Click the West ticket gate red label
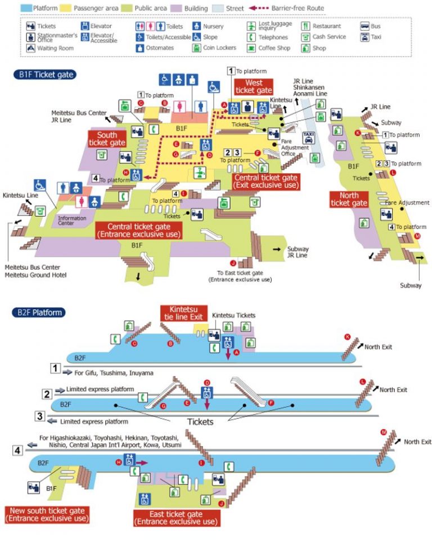coord(253,87)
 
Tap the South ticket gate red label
coord(107,139)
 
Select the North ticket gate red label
coord(349,199)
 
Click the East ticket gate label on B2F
coord(175,518)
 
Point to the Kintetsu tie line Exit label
coord(183,313)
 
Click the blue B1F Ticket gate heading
coord(45,74)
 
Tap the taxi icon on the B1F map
coord(308,137)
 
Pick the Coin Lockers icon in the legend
coord(196,48)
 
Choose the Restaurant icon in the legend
coord(305,26)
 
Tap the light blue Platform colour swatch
coord(26,8)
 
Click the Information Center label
coord(70,221)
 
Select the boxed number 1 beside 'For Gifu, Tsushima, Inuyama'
coord(55,368)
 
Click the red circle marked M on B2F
coord(384,432)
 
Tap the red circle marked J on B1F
coord(233,263)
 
